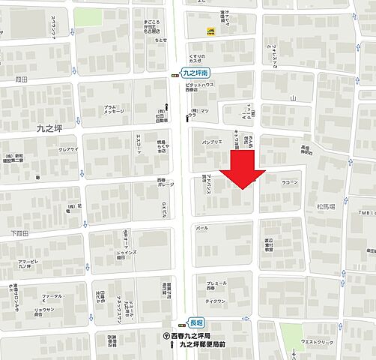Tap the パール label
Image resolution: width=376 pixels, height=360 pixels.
coord(201,227)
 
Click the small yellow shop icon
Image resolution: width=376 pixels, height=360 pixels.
coord(212,31)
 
